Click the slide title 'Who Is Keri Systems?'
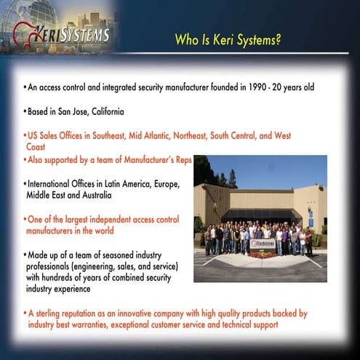pos(228,39)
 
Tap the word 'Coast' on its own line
pos(36,147)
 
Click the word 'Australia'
pos(92,195)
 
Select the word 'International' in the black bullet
pos(49,185)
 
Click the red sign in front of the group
pos(263,244)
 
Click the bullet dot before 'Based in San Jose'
pos(24,113)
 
